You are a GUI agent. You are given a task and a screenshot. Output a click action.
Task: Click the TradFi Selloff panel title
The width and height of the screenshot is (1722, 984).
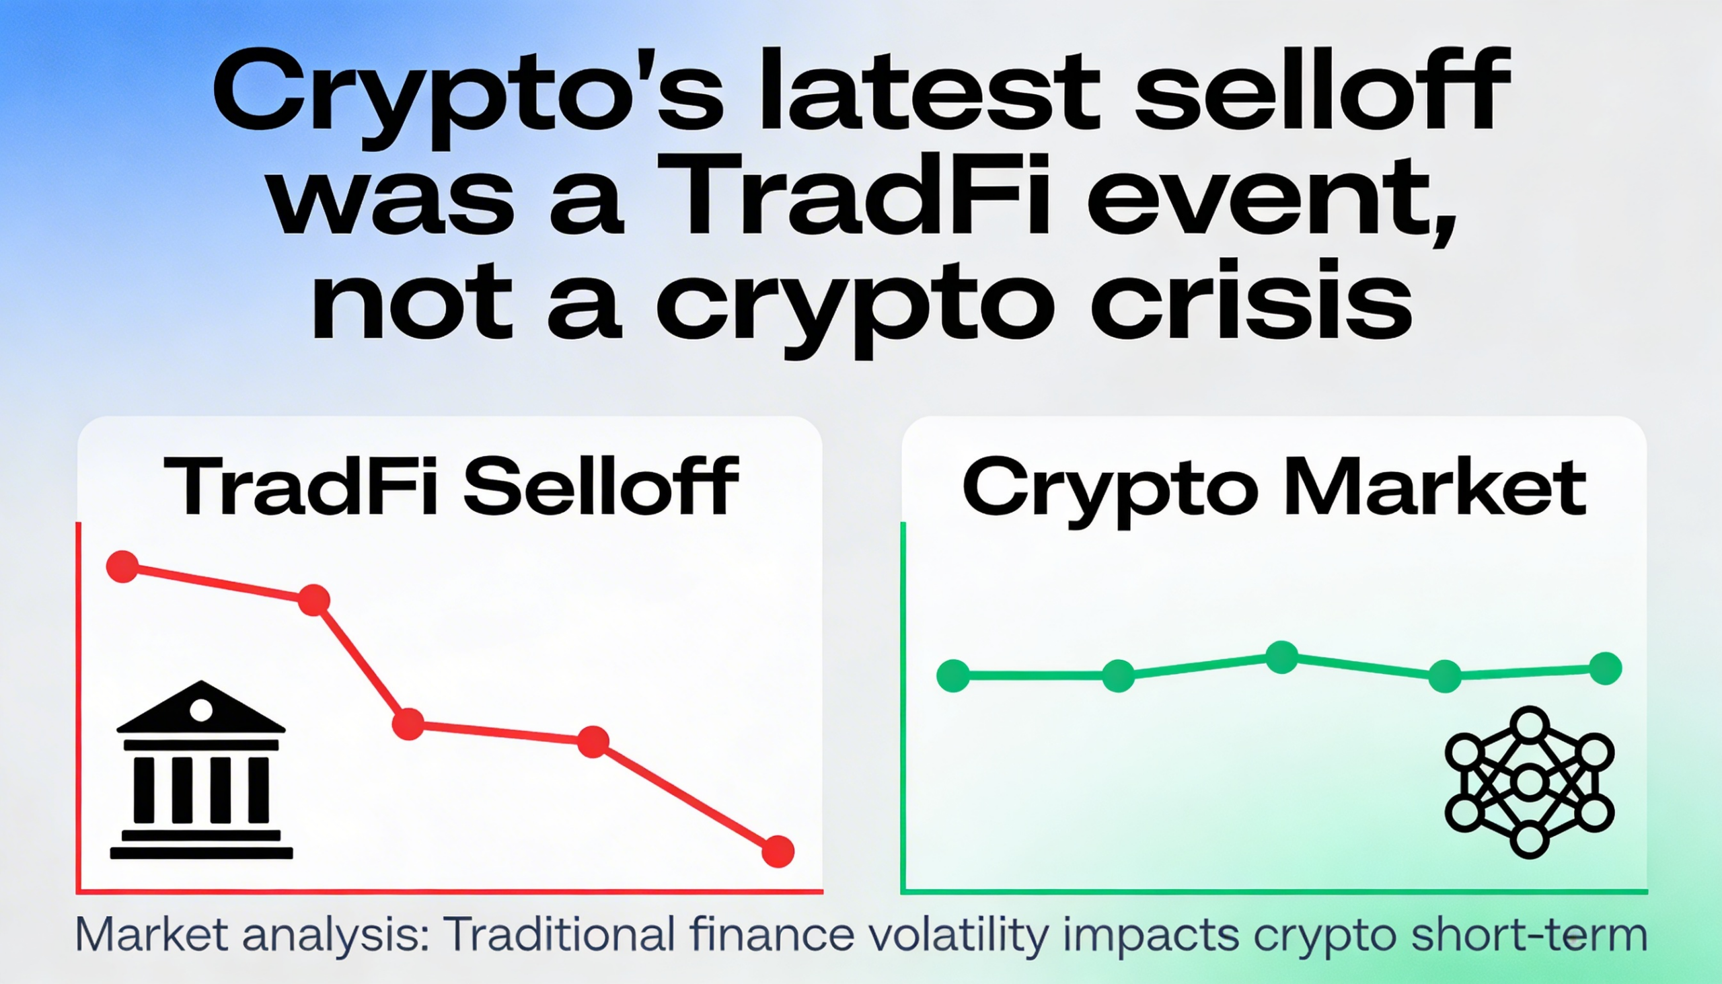pos(451,486)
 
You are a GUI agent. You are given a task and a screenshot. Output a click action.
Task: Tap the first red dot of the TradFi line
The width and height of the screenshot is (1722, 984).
pos(123,566)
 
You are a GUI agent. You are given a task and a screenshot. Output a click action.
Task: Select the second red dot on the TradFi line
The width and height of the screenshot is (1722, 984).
pos(313,599)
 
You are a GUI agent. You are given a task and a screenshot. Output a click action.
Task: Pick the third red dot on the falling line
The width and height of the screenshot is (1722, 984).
pos(408,724)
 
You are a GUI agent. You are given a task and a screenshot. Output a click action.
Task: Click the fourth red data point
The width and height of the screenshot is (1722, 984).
pos(593,742)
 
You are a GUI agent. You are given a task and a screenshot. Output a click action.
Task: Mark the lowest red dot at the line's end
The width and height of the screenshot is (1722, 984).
pos(778,851)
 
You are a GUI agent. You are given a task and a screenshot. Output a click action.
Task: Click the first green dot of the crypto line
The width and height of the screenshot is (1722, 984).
pos(953,675)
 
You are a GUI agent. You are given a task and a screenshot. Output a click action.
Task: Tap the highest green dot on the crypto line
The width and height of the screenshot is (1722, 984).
pos(1281,657)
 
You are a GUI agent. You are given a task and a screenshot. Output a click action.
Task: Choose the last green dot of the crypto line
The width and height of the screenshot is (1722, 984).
pos(1606,669)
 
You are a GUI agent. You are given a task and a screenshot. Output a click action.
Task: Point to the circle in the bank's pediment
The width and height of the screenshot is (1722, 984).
pos(200,710)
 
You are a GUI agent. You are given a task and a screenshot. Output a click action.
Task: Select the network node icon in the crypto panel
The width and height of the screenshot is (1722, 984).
pos(1530,783)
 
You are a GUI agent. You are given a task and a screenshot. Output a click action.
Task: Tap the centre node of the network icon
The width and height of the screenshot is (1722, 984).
pos(1530,783)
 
